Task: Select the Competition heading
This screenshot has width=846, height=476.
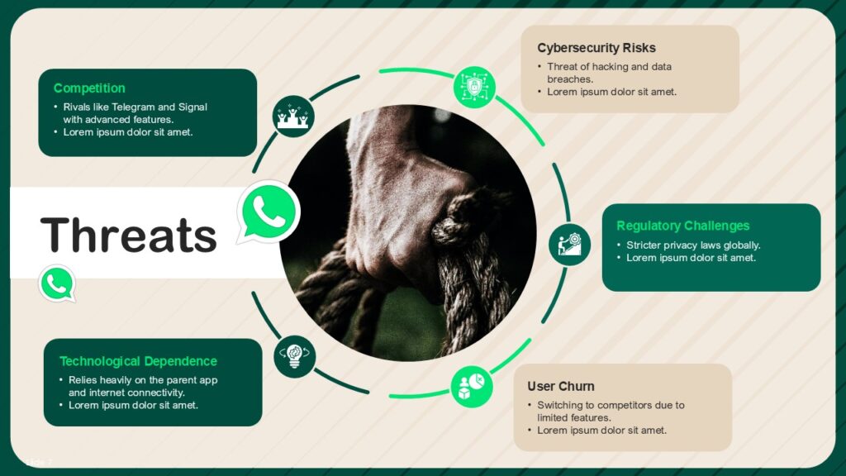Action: click(x=89, y=88)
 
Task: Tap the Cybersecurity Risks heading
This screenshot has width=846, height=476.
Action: click(x=596, y=48)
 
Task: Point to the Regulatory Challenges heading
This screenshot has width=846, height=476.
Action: click(x=682, y=226)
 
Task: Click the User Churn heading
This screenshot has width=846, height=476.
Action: click(x=560, y=386)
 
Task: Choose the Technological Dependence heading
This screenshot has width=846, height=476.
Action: click(x=138, y=361)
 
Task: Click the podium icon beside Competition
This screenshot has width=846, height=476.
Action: click(x=293, y=117)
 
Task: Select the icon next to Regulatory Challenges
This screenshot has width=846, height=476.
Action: click(x=569, y=244)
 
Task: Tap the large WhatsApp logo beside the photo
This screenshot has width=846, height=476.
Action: click(x=268, y=212)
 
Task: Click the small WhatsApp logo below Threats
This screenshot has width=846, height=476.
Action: click(x=57, y=283)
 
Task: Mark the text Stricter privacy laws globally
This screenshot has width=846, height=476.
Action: click(x=692, y=245)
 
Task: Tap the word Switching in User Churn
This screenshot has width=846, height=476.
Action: click(x=558, y=405)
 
